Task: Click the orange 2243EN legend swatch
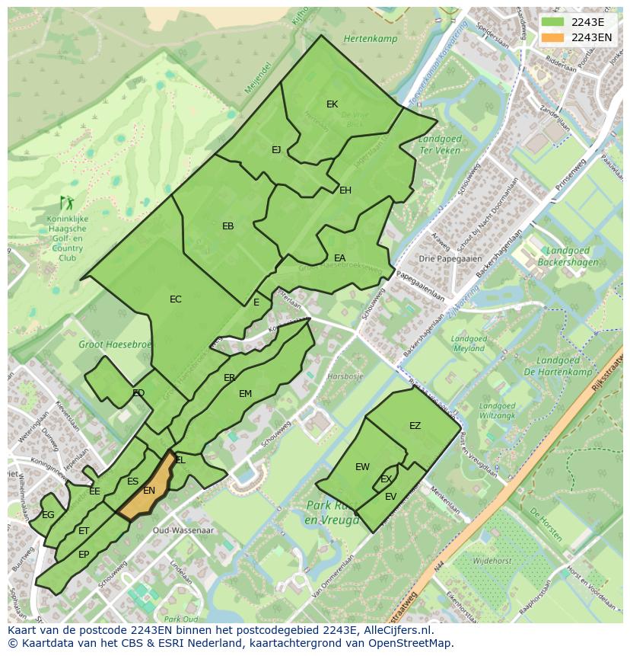pos(553,37)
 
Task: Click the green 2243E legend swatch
pos(553,22)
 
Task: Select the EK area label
pos(332,104)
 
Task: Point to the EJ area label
pos(276,150)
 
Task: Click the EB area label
pos(228,226)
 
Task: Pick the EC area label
pos(176,299)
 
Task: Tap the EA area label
pos(339,258)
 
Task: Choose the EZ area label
pos(415,426)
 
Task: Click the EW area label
pos(362,467)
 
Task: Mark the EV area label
pos(390,497)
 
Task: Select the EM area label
pos(245,394)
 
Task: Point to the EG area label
pos(48,515)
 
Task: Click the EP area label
pos(84,555)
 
